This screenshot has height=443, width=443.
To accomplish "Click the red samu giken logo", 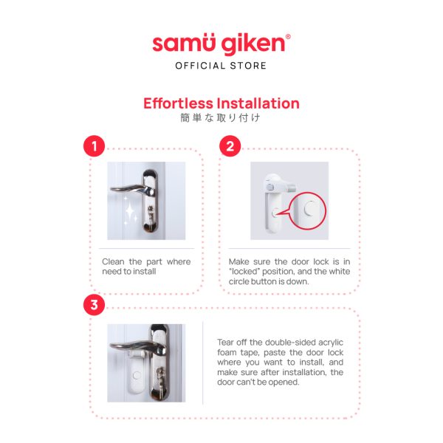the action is point(221,44).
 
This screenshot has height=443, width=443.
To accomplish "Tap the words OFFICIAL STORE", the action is point(221,66).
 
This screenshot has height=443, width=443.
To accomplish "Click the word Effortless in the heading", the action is point(178,103).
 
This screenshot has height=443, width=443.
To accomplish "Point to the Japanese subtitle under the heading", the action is point(220,118).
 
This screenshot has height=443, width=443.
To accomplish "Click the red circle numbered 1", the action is point(94,146).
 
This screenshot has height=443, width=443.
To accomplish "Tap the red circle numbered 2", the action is point(230,146).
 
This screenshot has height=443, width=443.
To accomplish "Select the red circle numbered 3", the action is point(94,305).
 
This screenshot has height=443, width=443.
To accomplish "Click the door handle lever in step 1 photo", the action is point(132,189).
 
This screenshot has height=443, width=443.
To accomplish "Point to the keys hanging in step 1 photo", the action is point(151,215).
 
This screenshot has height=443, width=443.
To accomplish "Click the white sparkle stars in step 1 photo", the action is point(130,211).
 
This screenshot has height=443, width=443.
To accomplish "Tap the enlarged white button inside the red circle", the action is point(310,209).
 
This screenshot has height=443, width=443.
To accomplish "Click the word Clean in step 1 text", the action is point(113,261).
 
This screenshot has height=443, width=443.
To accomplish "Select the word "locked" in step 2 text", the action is point(244,272).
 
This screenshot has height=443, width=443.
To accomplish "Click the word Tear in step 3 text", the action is point(226,343).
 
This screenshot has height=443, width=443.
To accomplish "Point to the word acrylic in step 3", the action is point(331,343).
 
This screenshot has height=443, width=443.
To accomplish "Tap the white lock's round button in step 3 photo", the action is point(137,376).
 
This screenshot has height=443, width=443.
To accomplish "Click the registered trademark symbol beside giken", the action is point(288,37).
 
